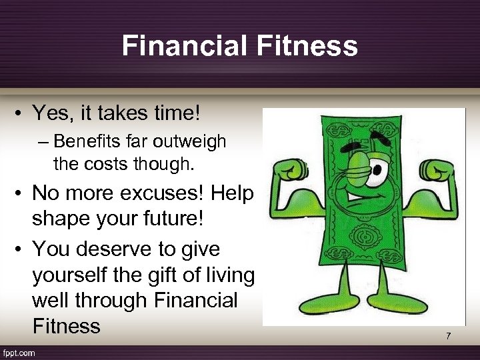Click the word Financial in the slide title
pyautogui.click(x=175, y=46)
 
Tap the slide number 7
pyautogui.click(x=449, y=336)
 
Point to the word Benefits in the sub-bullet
pyautogui.click(x=81, y=141)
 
